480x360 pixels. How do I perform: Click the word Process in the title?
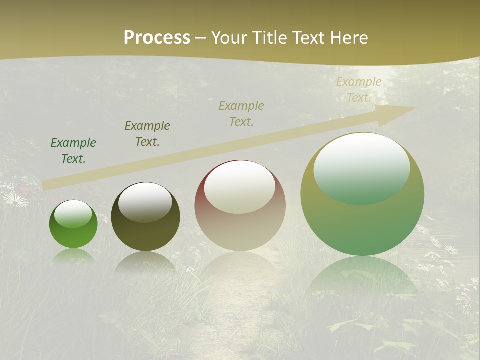(x=157, y=38)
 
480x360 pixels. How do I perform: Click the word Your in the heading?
(x=229, y=38)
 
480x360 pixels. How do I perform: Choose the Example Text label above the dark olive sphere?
(x=147, y=134)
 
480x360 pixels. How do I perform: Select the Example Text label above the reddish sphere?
(x=241, y=113)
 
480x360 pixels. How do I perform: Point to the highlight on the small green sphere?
(x=73, y=214)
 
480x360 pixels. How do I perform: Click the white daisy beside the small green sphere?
(x=16, y=200)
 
